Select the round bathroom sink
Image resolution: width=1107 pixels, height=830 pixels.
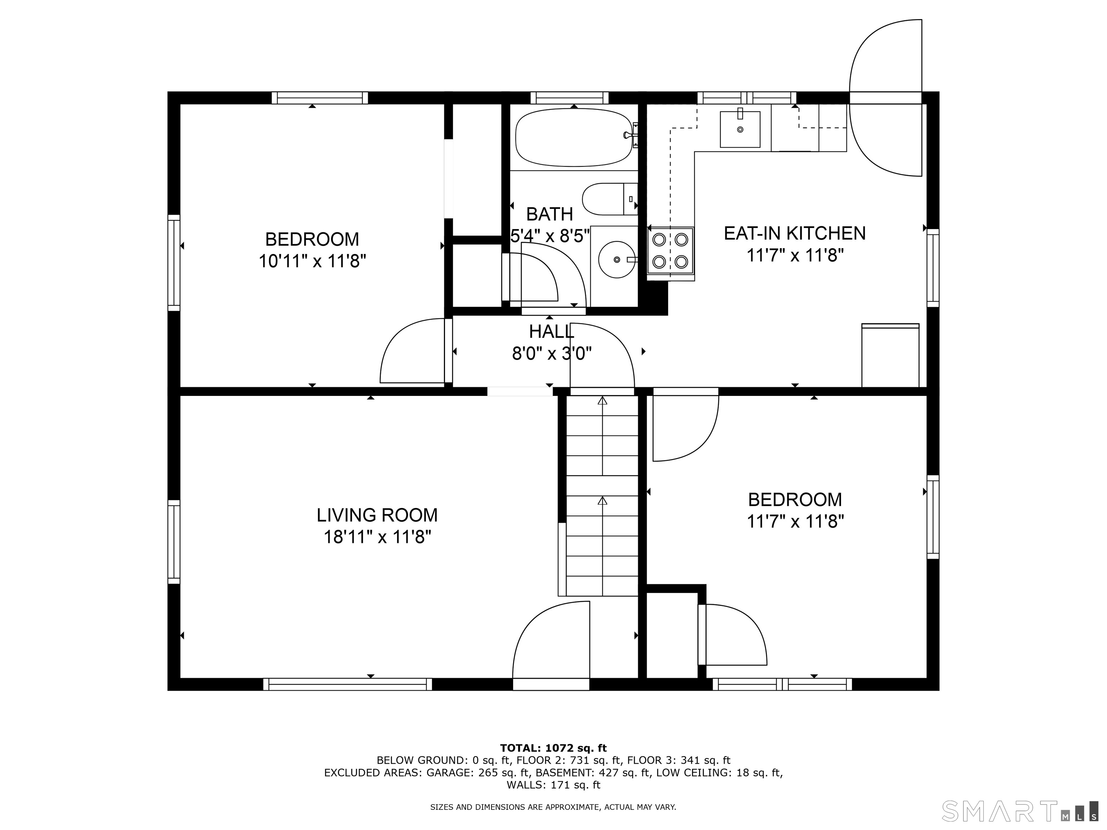[617, 259]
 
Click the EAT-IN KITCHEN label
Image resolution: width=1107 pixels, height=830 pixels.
[795, 233]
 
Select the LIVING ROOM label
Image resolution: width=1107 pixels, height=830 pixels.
[377, 515]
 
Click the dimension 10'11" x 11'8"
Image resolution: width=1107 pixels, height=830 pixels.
[312, 261]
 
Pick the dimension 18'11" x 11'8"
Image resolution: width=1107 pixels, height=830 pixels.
[377, 537]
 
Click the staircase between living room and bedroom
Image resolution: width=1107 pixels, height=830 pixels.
[602, 495]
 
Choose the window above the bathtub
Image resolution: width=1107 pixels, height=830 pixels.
[569, 98]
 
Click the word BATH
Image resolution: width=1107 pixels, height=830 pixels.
[549, 214]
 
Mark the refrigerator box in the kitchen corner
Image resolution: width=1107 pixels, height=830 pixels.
[890, 355]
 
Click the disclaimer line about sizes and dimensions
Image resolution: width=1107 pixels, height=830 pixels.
[553, 807]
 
